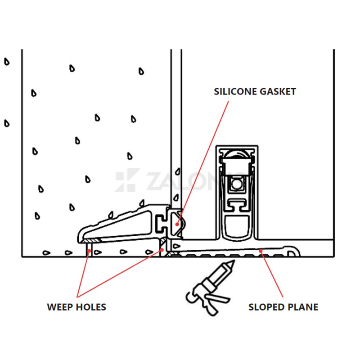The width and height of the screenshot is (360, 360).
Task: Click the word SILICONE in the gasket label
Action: [236, 92]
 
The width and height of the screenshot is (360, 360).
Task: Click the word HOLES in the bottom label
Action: [91, 307]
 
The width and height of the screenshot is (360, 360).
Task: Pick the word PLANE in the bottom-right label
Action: [303, 307]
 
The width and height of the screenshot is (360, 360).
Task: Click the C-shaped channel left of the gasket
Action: [161, 223]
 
